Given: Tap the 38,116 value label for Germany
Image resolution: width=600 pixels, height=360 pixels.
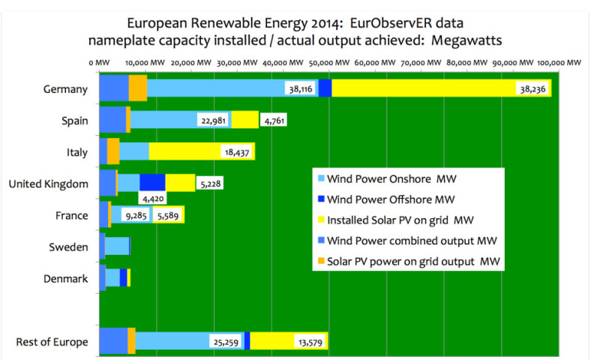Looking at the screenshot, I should pos(301,88).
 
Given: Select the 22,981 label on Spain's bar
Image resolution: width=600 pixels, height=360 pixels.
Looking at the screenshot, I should pos(213,120).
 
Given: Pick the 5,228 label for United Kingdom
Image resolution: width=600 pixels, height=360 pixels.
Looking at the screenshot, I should pos(209,184).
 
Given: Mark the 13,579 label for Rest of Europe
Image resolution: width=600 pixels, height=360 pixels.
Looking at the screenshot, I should pos(310,342).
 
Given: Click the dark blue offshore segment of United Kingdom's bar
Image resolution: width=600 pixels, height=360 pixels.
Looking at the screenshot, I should pos(152,182).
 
